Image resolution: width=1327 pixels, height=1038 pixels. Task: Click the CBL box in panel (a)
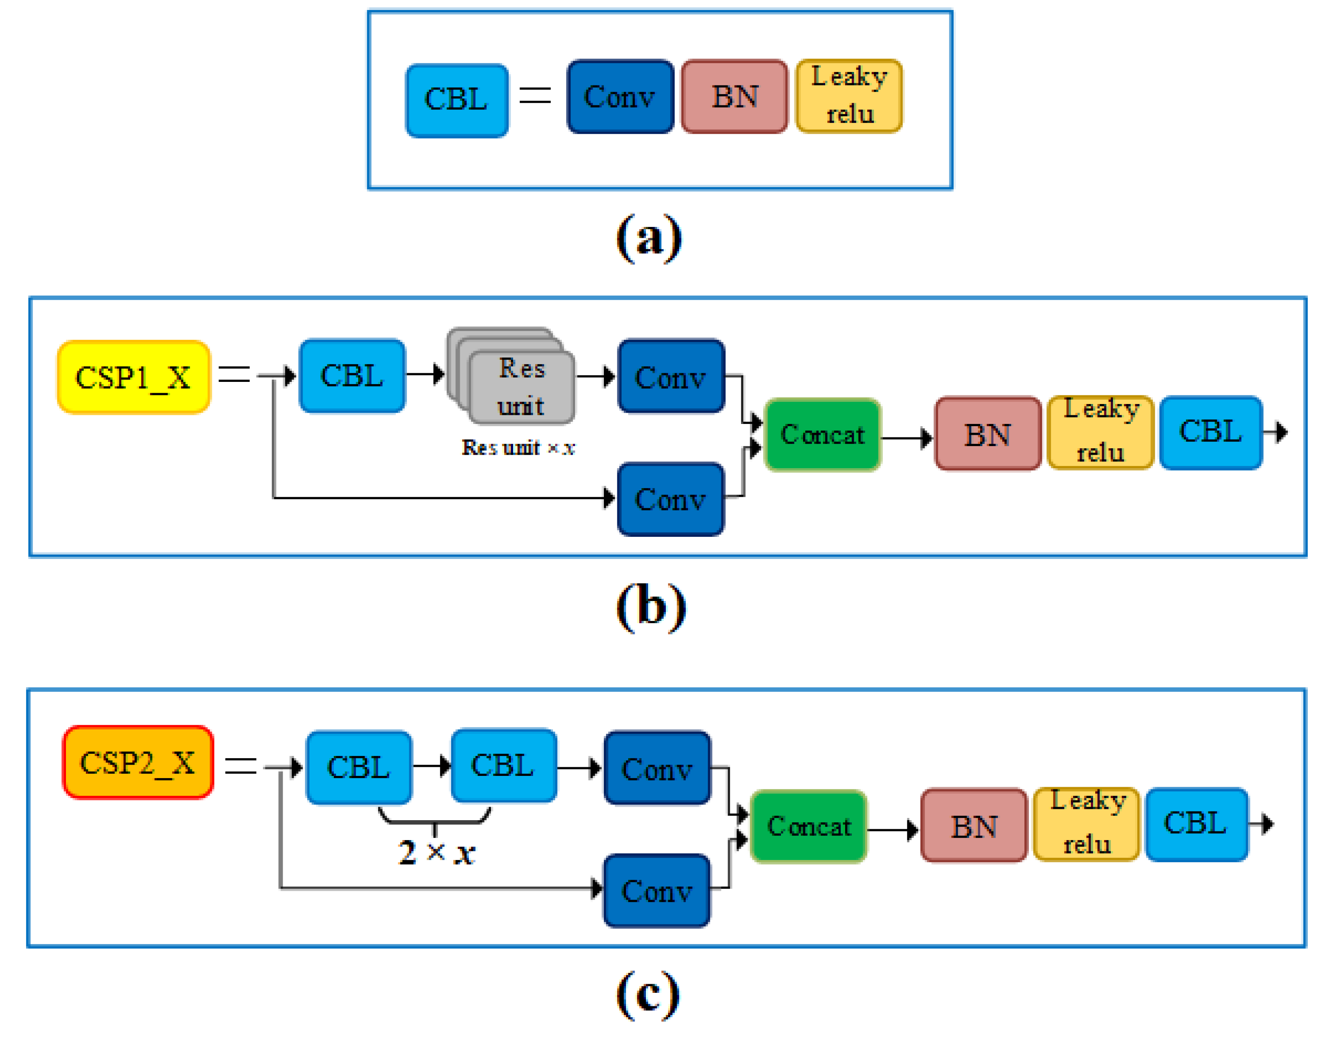pos(457,100)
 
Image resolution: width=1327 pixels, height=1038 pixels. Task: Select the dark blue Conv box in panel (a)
pos(620,97)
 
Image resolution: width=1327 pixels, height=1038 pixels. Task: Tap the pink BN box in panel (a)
pos(734,97)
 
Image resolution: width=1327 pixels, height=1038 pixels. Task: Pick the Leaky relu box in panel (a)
pos(849,96)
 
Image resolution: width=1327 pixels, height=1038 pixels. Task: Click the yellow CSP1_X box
pos(134,378)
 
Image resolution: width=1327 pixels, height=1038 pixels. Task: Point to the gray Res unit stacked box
pos(510,376)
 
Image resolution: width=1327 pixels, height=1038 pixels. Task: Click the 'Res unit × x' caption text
pos(518,448)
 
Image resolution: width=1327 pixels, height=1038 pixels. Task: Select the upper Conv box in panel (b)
pos(671,376)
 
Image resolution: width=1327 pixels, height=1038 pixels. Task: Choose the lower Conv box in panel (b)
pos(671,499)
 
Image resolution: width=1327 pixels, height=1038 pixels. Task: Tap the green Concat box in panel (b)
pos(823,434)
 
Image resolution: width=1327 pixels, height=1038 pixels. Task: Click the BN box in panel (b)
pos(988,434)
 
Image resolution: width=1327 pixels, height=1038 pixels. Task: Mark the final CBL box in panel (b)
pos(1211,433)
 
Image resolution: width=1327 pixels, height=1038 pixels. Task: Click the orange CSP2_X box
pos(138,762)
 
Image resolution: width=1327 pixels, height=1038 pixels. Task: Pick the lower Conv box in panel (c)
pos(657,891)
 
